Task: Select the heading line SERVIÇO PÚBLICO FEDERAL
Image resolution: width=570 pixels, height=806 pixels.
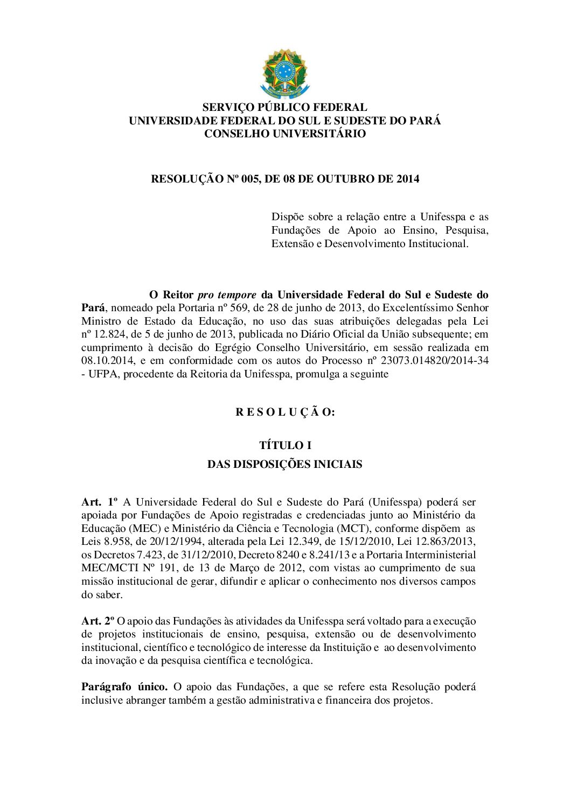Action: pyautogui.click(x=284, y=107)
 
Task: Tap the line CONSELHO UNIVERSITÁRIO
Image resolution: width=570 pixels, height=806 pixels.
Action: pyautogui.click(x=284, y=134)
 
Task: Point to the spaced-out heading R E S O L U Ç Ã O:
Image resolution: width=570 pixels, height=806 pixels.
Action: pyautogui.click(x=284, y=412)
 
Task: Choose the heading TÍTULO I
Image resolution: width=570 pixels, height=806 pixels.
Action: pyautogui.click(x=285, y=445)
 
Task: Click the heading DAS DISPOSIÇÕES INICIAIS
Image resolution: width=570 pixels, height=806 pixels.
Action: pyautogui.click(x=284, y=464)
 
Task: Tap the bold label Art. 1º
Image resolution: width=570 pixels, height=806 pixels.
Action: pyautogui.click(x=99, y=502)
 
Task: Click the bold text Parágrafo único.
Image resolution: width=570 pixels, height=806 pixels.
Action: pyautogui.click(x=124, y=686)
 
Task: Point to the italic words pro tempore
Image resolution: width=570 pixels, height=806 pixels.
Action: pyautogui.click(x=227, y=295)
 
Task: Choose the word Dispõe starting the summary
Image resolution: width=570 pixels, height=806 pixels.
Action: pyautogui.click(x=288, y=217)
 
